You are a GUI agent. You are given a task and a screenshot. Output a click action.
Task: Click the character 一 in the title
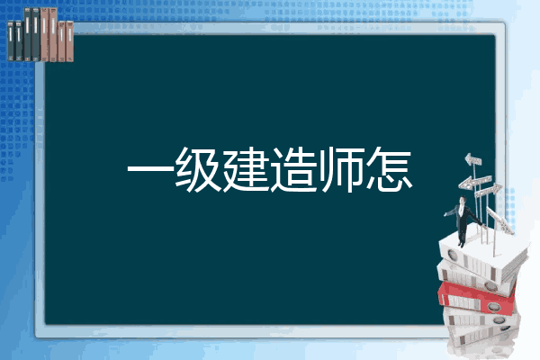click(150, 169)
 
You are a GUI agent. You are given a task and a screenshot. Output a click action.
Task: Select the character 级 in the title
click(198, 169)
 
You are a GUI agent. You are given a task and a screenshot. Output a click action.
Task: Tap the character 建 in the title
click(246, 169)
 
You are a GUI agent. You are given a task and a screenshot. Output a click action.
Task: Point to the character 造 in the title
click(293, 169)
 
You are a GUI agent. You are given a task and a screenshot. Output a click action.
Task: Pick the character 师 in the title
click(341, 169)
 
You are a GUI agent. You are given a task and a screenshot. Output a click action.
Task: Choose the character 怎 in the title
click(389, 169)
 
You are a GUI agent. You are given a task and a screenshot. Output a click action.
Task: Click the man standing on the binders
click(463, 221)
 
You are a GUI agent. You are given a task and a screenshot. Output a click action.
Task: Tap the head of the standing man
click(463, 201)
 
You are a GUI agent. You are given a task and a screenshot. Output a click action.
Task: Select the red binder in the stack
click(477, 298)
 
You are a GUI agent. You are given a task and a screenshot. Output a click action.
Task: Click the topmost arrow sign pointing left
click(473, 159)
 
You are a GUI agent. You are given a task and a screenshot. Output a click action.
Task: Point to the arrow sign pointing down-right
click(499, 220)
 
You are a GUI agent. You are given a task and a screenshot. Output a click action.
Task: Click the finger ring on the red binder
click(492, 306)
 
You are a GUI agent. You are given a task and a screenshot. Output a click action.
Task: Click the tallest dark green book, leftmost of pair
click(28, 34)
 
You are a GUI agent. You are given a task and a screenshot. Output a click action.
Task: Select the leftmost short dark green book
click(11, 41)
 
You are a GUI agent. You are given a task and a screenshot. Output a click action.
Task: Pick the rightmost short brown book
click(69, 41)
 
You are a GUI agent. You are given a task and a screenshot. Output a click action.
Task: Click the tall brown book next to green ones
click(44, 35)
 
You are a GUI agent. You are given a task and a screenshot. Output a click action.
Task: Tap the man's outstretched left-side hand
click(445, 214)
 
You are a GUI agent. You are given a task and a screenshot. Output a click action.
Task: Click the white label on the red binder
click(462, 302)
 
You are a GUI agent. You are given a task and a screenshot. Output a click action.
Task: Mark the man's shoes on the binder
click(461, 245)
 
